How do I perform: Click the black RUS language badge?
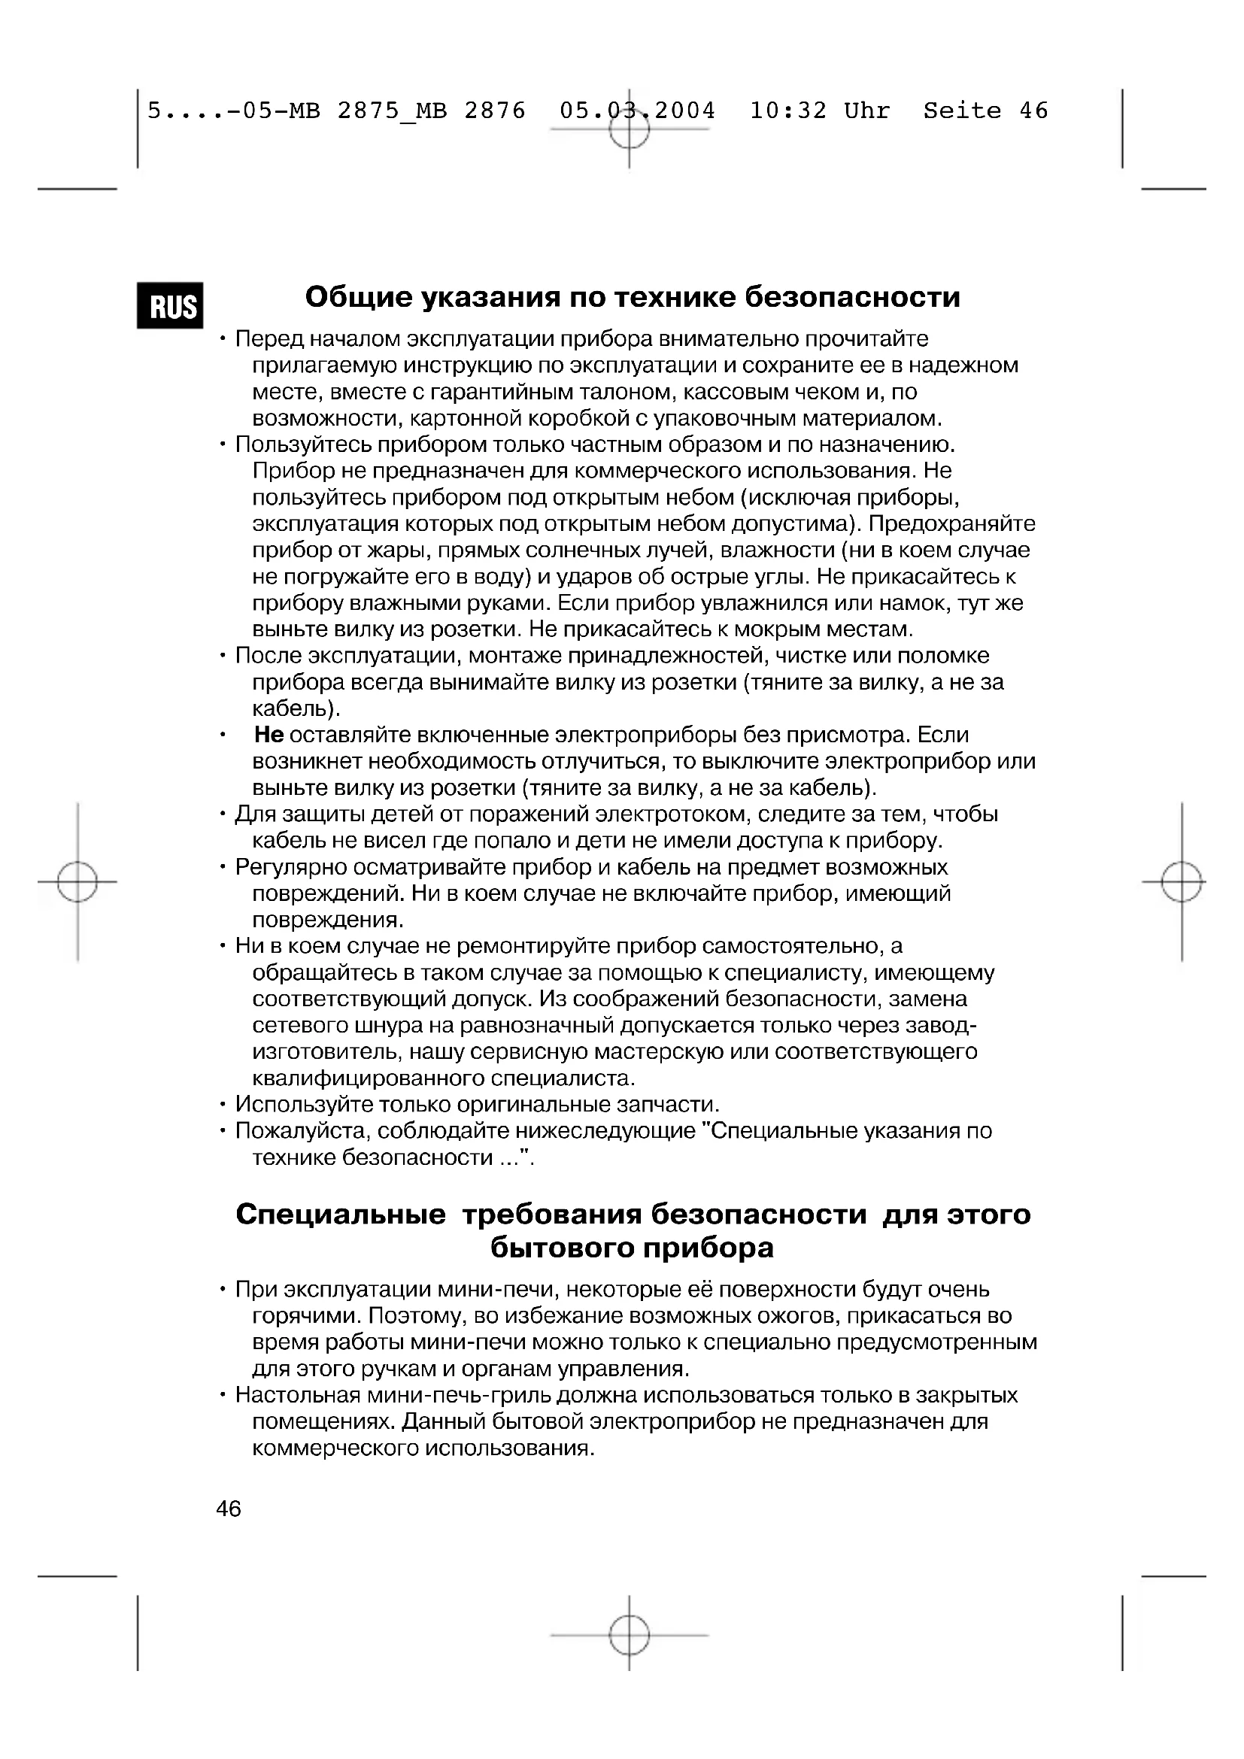point(170,305)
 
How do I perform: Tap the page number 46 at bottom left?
point(229,1509)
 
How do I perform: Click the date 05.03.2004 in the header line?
point(637,111)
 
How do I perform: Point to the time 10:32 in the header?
point(787,111)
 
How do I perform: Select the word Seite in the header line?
point(961,111)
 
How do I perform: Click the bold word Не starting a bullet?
point(269,735)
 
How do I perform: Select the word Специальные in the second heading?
point(340,1215)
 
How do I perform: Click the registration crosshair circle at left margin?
point(77,882)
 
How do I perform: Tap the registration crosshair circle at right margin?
point(1181,882)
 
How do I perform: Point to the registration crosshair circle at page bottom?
point(629,1635)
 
